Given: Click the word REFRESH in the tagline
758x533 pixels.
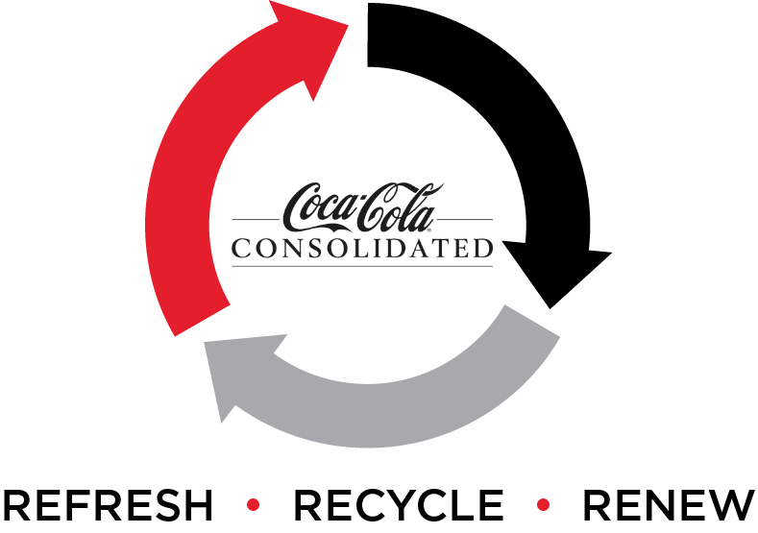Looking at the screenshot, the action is point(109,507).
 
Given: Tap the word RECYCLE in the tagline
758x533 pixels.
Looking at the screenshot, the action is point(398,507).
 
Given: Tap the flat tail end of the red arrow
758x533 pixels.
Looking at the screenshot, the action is point(200,317).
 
